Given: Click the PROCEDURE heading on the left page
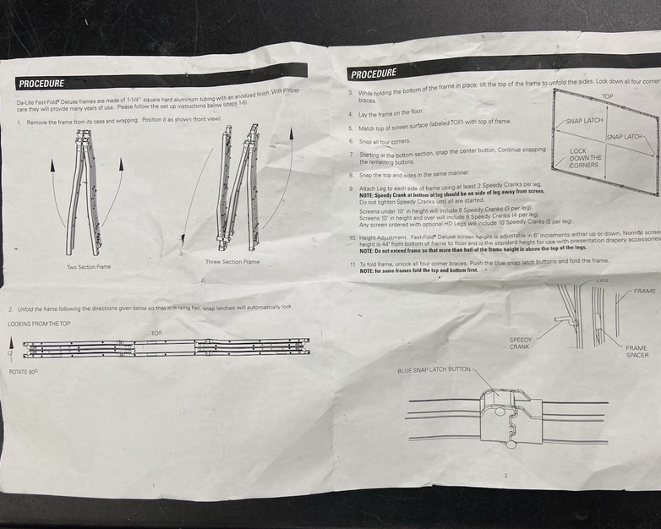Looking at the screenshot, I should (41, 83).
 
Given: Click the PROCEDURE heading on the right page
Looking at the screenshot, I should (374, 74).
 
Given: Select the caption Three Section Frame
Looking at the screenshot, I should (232, 262).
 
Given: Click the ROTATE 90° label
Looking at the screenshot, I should (23, 372).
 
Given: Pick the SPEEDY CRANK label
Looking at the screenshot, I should (521, 343).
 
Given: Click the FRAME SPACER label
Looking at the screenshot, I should (636, 352).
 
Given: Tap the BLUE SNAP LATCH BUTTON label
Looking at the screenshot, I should (434, 370).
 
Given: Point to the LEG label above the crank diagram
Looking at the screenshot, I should (602, 281).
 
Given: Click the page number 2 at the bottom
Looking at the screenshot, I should (505, 477).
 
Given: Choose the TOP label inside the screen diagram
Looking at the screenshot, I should (607, 96).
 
